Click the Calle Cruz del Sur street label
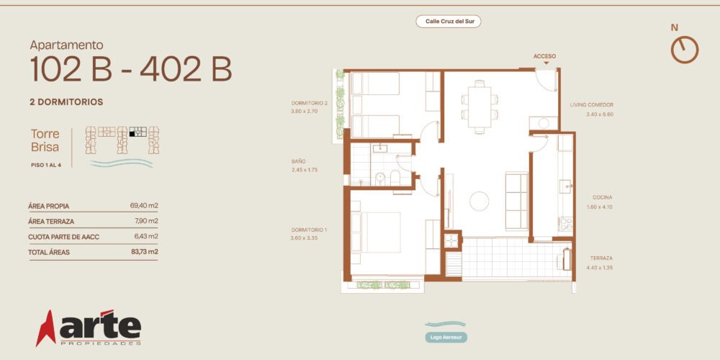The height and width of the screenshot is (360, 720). point(449,21)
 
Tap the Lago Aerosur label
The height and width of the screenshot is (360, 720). point(446,337)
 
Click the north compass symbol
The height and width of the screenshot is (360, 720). point(685,50)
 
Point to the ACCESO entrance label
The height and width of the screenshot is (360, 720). point(544,56)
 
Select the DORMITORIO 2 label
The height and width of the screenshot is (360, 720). point(310,103)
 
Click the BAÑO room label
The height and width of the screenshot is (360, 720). point(299,161)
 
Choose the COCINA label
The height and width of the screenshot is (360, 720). point(602,197)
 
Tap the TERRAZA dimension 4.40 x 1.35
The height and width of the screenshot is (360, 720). point(600,267)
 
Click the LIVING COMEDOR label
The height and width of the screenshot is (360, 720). point(591,104)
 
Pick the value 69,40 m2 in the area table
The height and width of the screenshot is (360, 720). point(144,206)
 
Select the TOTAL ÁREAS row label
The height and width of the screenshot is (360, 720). point(49,252)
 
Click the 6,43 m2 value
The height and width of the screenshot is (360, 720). point(146,236)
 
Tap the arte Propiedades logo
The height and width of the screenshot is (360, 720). point(89,328)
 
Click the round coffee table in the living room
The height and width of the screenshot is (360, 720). point(480,201)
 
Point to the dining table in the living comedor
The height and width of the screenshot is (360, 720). point(480,107)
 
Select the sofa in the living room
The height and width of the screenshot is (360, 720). point(516,201)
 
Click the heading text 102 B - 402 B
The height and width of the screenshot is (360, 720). point(131,69)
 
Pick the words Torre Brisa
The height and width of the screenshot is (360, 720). point(45,140)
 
